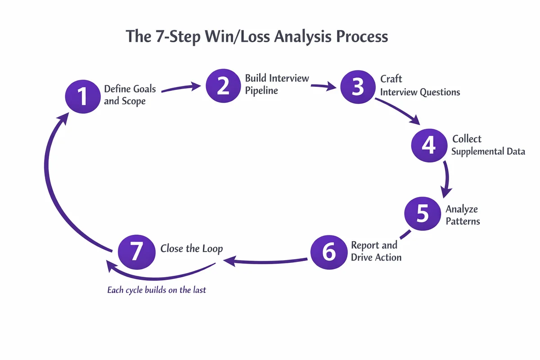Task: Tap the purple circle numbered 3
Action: point(358,86)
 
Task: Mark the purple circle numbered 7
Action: point(136,251)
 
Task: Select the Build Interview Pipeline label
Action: point(277,84)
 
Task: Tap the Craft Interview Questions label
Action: point(420,85)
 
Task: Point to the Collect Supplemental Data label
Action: point(488,145)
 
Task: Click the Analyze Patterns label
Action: point(463,215)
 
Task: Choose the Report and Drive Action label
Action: point(376,251)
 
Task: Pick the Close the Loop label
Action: point(192,249)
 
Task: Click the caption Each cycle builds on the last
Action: point(157,290)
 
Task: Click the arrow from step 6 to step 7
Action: point(265,260)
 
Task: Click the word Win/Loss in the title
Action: point(235,36)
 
